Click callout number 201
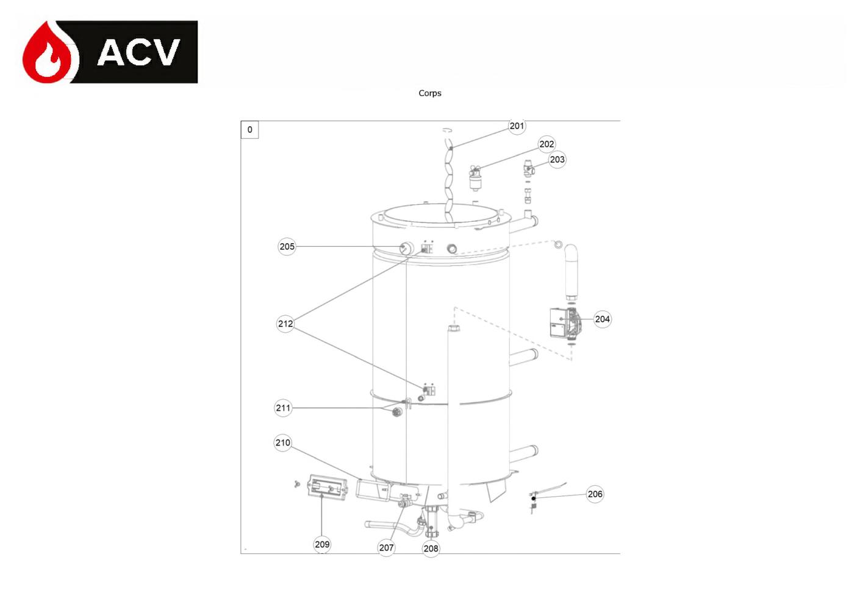(x=517, y=126)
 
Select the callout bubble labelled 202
(x=546, y=144)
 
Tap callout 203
(x=557, y=160)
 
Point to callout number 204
(x=603, y=319)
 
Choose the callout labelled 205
(x=287, y=247)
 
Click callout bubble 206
(x=595, y=494)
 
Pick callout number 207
(x=386, y=548)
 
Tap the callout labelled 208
(x=431, y=548)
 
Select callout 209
(x=321, y=544)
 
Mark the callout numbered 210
(x=282, y=443)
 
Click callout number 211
(x=284, y=408)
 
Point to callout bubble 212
(x=285, y=324)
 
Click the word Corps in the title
(x=429, y=93)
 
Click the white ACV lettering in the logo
(x=138, y=52)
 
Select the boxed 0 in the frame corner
(x=249, y=130)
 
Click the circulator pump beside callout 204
(x=566, y=323)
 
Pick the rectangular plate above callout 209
(x=328, y=486)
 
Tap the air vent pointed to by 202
(x=475, y=179)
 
